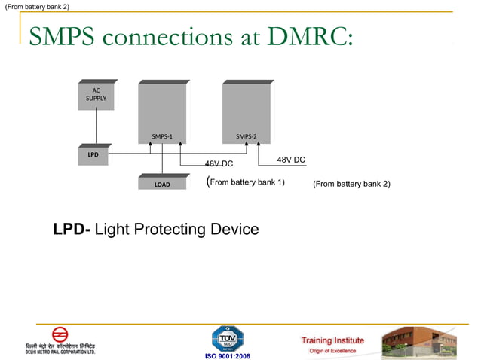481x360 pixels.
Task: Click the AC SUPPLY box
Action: [x=96, y=95]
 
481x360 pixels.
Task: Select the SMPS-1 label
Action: [x=162, y=136]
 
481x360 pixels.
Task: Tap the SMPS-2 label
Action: [x=247, y=136]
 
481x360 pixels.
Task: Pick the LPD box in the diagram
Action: [x=93, y=154]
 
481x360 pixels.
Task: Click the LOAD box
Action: [x=162, y=184]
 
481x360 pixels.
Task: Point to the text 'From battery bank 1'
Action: [x=247, y=182]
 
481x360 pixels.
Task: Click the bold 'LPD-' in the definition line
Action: [x=72, y=229]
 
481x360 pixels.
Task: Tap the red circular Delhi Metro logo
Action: [x=60, y=334]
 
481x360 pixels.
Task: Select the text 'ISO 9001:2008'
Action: [x=228, y=355]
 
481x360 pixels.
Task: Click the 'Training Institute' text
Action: [x=332, y=340]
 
